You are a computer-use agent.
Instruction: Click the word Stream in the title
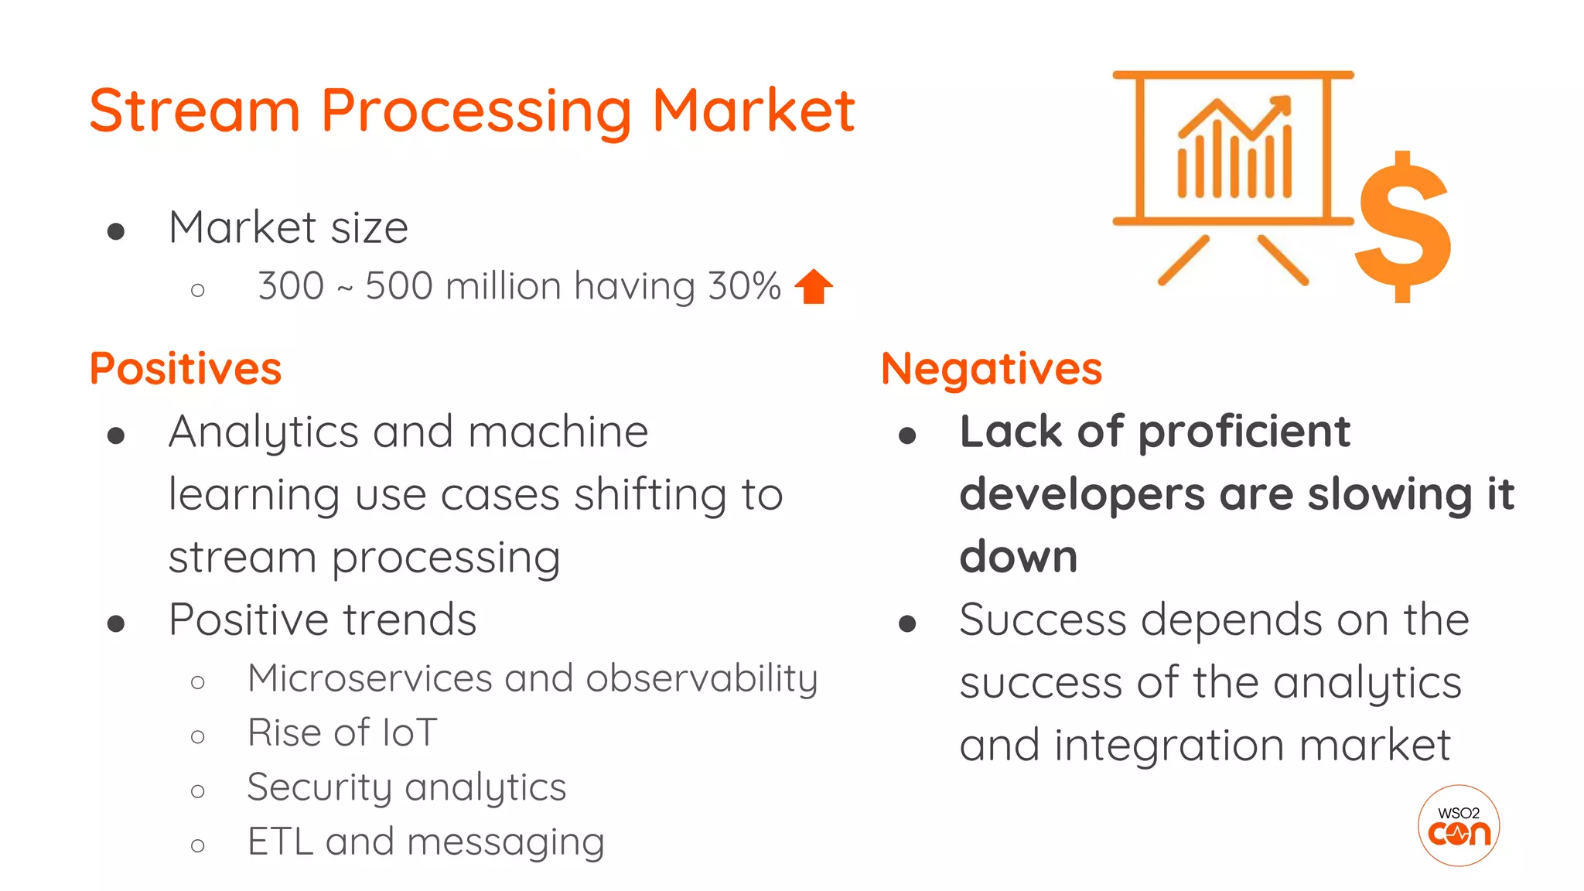click(x=194, y=111)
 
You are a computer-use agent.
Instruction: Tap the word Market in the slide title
click(x=753, y=111)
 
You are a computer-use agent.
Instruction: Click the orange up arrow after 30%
click(x=814, y=286)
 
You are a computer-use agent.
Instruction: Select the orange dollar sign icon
click(x=1403, y=227)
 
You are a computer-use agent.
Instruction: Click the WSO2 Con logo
click(x=1459, y=825)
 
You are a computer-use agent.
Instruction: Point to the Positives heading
click(x=186, y=369)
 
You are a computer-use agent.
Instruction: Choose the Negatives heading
click(x=992, y=369)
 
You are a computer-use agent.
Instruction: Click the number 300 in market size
click(x=291, y=286)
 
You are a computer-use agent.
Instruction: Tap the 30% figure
click(x=744, y=286)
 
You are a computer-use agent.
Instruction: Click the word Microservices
click(x=370, y=678)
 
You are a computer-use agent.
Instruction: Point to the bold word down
click(x=1019, y=557)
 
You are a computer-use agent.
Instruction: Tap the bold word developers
click(x=1082, y=495)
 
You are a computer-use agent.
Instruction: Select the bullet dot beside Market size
click(x=116, y=231)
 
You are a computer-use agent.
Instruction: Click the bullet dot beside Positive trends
click(x=116, y=623)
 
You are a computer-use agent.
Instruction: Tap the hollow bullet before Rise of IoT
click(x=198, y=736)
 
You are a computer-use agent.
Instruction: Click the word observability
click(x=702, y=678)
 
